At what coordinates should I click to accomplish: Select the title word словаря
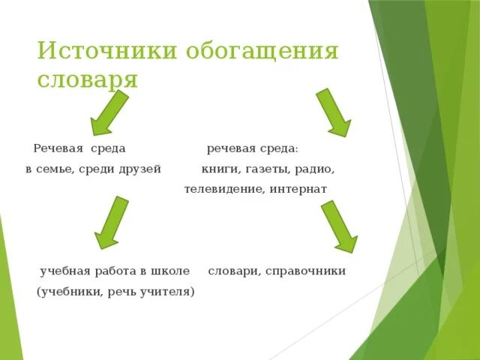pos(88,79)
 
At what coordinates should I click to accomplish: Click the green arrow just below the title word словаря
pos(108,112)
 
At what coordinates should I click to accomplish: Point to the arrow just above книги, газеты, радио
pos(333,112)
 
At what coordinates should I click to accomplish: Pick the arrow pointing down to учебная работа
pos(109,222)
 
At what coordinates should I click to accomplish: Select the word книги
pos(219,169)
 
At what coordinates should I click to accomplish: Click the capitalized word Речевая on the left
pos(58,148)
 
